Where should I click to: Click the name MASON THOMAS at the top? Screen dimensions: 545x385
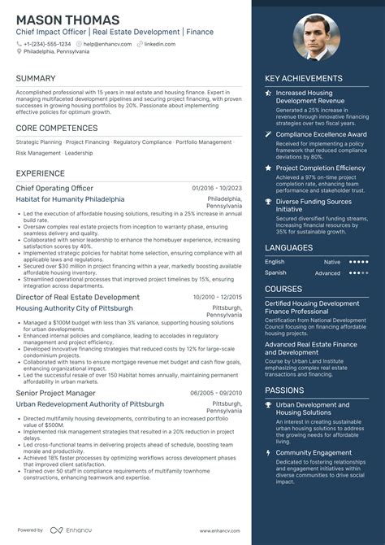(x=67, y=20)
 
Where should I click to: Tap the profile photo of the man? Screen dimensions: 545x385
(x=318, y=37)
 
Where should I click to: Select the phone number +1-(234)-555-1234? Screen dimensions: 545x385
(x=47, y=43)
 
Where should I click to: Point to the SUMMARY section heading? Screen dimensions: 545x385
(x=36, y=79)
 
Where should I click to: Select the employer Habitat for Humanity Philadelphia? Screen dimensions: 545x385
(x=70, y=199)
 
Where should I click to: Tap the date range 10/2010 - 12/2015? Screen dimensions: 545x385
(x=217, y=298)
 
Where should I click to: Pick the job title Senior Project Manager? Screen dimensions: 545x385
(x=55, y=393)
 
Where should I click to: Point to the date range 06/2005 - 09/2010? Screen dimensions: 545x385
(x=217, y=393)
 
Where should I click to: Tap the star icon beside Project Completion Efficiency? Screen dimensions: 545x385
(x=269, y=168)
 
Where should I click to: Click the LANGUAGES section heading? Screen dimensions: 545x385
(x=288, y=247)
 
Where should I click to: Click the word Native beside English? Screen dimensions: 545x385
(x=332, y=262)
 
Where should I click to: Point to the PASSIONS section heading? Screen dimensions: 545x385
(x=284, y=390)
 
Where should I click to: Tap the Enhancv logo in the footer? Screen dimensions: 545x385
(x=67, y=530)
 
